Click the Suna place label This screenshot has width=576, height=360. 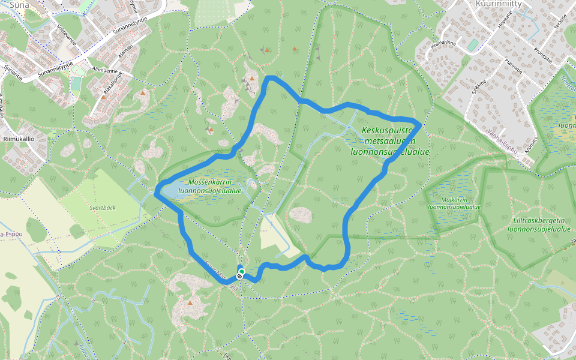pos(19,5)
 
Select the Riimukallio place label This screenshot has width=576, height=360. pos(18,138)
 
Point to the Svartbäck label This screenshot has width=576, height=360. pos(103,208)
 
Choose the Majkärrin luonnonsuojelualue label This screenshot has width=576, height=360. pos(454,203)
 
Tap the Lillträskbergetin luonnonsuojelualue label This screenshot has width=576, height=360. pos(538,224)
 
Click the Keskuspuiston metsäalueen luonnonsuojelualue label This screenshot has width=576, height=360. pos(389,141)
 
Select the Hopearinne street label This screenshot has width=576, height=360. pos(444,43)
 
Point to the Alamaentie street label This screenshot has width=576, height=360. pos(106,70)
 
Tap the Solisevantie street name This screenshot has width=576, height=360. pos(67,37)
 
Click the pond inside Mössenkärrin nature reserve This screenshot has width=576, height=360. pos(169,190)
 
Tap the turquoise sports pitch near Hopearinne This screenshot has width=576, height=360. pos(473,45)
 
